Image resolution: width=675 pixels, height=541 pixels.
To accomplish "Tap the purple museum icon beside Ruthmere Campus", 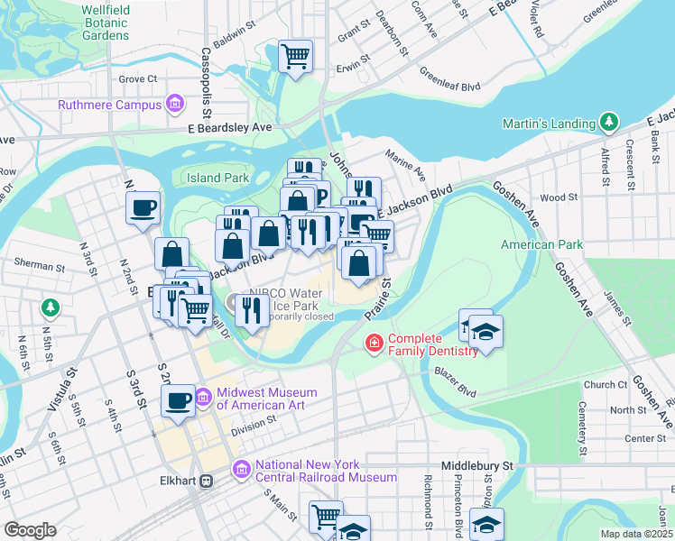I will click(174, 105).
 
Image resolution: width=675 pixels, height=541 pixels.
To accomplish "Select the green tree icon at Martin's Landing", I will click(610, 123).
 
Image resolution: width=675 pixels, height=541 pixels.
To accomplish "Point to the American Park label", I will click(541, 244).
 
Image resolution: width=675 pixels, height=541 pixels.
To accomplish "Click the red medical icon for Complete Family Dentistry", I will click(373, 343).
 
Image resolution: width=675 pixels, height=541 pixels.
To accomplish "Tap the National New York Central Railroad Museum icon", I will click(241, 470).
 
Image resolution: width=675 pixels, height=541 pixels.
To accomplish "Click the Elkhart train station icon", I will click(207, 481).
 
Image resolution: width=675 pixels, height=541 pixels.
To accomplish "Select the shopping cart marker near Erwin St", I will click(296, 56).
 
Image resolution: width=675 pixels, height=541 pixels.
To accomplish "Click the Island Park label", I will click(217, 178).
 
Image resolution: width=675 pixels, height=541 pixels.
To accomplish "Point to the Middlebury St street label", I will click(476, 465).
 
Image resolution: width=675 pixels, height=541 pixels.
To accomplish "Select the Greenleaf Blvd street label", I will click(449, 77).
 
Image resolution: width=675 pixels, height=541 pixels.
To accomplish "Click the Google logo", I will click(30, 529).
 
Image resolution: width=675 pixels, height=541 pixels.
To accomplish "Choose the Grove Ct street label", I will click(138, 79).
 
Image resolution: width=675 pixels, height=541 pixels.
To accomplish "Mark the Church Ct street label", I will click(605, 384).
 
